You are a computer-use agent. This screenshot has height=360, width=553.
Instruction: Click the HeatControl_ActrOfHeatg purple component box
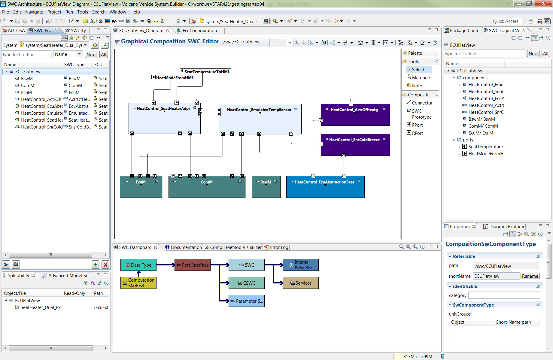[x=355, y=117]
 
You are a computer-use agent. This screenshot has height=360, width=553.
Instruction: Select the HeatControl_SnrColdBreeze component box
[x=355, y=147]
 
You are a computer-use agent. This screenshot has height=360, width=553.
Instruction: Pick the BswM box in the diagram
[x=266, y=189]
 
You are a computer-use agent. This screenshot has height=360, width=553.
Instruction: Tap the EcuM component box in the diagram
[x=141, y=189]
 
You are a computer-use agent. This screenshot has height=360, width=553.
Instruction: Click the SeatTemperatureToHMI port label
[x=207, y=71]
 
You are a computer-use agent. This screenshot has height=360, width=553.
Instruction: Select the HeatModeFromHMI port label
[x=175, y=77]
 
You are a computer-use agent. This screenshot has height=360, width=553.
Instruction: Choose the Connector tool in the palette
[x=422, y=103]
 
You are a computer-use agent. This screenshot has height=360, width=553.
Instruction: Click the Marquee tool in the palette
[x=421, y=78]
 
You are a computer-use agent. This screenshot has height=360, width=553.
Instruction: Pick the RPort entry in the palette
[x=417, y=133]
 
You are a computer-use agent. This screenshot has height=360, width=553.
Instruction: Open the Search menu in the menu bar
[x=99, y=12]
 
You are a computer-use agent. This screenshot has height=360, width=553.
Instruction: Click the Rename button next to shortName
[x=530, y=276]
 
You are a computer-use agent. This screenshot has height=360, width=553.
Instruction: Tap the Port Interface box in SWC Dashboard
[x=193, y=265]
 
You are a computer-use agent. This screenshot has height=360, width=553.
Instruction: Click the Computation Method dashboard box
[x=138, y=283]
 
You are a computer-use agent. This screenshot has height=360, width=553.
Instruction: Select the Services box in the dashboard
[x=300, y=283]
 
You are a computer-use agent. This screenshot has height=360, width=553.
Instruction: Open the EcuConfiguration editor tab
[x=199, y=31]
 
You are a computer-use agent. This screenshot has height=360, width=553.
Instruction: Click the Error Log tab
[x=279, y=247]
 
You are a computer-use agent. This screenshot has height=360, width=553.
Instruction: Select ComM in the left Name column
[x=27, y=86]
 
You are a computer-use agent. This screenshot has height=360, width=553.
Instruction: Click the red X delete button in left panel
[x=105, y=265]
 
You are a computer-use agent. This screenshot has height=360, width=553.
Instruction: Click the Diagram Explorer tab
[x=506, y=227]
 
